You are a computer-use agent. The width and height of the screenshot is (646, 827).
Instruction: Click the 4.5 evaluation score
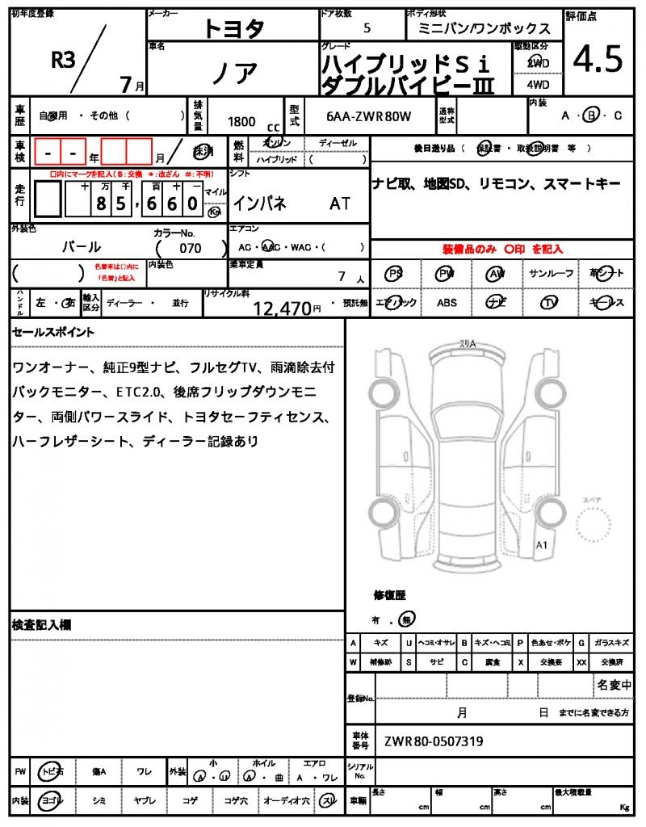coord(598,60)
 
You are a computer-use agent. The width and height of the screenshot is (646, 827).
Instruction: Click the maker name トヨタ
coord(233,29)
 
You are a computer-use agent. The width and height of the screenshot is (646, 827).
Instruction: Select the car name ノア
coord(234,73)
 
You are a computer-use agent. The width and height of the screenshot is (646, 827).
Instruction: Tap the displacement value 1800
coord(241,121)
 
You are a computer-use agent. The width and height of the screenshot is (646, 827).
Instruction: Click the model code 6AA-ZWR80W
coord(369,116)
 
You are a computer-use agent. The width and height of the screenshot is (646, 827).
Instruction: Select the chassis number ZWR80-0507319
coord(434,741)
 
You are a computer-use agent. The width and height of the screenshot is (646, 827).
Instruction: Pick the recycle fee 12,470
coord(282,308)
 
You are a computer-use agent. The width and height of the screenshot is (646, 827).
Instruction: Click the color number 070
coord(190,248)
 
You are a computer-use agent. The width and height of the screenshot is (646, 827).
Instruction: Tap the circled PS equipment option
coord(395,274)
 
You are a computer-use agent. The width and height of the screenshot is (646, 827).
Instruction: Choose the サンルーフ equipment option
coord(551,274)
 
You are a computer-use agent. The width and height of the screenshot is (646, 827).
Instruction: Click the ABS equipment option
coord(447,303)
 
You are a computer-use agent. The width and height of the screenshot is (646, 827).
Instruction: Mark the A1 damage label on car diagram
coord(542,545)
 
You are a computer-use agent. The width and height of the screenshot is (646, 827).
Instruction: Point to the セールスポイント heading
coord(53,331)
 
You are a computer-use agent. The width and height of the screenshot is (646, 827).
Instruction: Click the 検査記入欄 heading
coord(42,624)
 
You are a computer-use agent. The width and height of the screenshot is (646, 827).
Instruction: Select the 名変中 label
coord(614,685)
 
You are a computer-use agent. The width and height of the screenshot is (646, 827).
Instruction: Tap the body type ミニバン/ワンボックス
coord(484,29)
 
